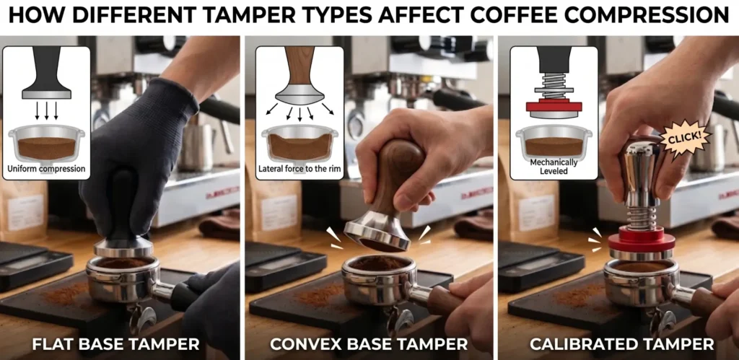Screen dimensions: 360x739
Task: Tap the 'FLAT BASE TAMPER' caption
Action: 115,344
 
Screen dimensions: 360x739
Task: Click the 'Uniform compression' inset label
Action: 46,170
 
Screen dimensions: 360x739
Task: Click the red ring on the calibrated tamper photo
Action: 642,239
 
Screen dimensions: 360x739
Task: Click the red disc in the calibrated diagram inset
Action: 554,107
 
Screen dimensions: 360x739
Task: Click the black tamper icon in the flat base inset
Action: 46,72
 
